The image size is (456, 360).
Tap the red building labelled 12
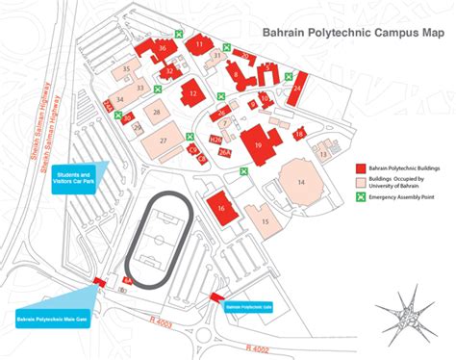192,92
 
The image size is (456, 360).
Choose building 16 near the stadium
221,207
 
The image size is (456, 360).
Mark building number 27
164,141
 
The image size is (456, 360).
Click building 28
155,114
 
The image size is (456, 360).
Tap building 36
163,48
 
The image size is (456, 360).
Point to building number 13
324,151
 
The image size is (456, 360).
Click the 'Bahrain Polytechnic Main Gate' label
53,316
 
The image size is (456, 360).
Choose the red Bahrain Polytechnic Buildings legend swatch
363,167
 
